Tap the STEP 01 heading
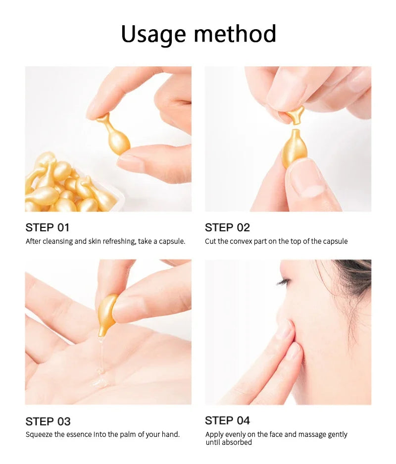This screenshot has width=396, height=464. click(x=48, y=228)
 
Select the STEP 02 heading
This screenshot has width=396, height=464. click(x=227, y=228)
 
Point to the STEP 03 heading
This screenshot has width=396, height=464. click(x=48, y=421)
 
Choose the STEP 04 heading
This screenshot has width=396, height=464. click(x=227, y=420)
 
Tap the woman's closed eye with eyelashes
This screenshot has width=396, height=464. click(x=284, y=282)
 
